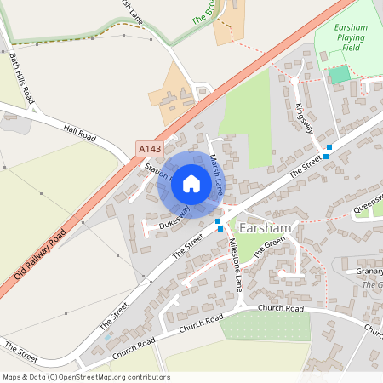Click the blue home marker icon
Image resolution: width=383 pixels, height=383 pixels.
click(x=191, y=183)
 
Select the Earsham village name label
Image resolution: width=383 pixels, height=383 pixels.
click(x=266, y=228)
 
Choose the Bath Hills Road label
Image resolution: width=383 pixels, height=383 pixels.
click(x=21, y=79)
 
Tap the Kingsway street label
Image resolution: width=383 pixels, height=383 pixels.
click(x=304, y=117)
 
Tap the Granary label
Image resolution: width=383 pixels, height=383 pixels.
click(x=369, y=272)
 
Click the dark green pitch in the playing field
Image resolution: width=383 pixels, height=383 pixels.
click(x=340, y=74)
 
